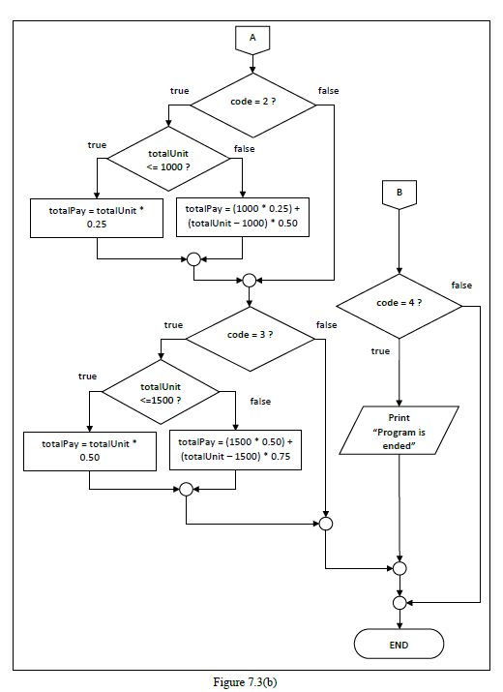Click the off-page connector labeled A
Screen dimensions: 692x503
click(x=252, y=38)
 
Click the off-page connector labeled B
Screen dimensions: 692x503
click(x=399, y=193)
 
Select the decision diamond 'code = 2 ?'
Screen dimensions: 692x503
click(x=251, y=103)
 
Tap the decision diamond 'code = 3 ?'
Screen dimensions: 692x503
click(x=250, y=335)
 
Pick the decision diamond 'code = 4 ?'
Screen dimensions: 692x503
click(x=399, y=303)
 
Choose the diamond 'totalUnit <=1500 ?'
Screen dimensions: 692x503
click(x=162, y=392)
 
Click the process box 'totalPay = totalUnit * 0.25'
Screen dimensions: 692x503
click(x=96, y=216)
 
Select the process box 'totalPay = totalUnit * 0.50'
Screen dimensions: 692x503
click(x=88, y=450)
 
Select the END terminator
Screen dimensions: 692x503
click(x=399, y=644)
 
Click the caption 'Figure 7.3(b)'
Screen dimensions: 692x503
click(x=251, y=681)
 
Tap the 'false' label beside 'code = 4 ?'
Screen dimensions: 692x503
click(x=461, y=286)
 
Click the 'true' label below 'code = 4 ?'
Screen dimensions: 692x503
click(x=380, y=351)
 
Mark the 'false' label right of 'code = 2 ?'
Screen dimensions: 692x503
click(x=328, y=90)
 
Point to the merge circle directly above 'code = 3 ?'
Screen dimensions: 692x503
click(x=250, y=281)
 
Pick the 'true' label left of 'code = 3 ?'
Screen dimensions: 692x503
click(x=173, y=325)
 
